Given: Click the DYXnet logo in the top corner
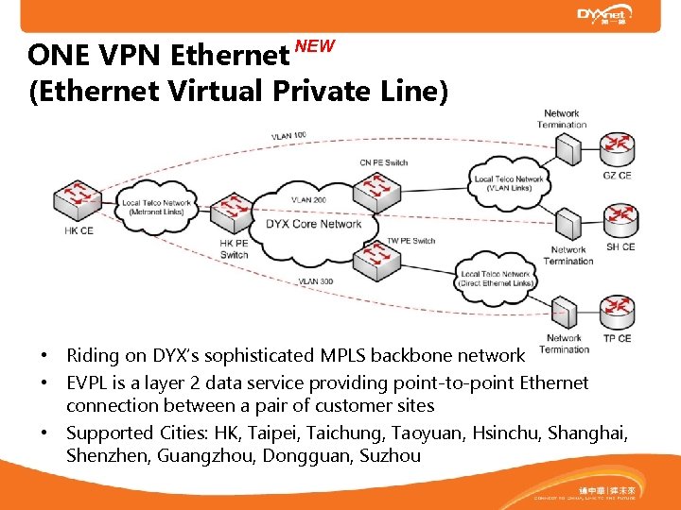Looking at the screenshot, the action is [x=605, y=15].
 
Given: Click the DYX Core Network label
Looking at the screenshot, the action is [x=314, y=224].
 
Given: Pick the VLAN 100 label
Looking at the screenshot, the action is [x=288, y=136].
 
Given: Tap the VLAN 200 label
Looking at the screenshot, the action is [x=308, y=200].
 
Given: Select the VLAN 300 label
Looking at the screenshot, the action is [x=315, y=281].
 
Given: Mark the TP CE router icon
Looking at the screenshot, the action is [x=618, y=313].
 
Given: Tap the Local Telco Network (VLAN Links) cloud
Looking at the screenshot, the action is [x=509, y=182].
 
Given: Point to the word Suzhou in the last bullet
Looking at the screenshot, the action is [x=387, y=455].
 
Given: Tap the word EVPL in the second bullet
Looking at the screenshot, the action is [x=88, y=382].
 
